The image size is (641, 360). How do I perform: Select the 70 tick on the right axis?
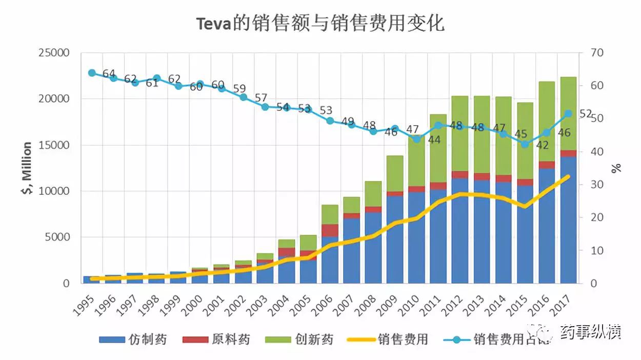598,53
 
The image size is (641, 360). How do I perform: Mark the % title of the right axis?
616,168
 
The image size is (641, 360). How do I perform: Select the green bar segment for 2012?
460,133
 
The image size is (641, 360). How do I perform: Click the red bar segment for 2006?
330,230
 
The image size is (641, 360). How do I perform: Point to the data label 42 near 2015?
542,145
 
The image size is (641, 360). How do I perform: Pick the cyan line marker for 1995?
92,73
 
